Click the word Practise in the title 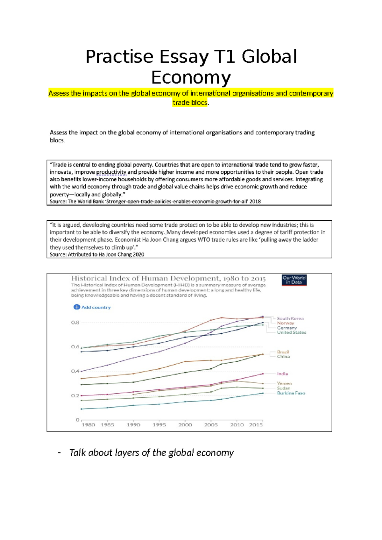tap(120, 57)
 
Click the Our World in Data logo tap(294, 280)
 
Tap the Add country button tap(92, 307)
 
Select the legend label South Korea tap(290, 318)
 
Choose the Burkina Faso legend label tap(291, 393)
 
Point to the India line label tap(282, 374)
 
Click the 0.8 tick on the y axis tap(75, 323)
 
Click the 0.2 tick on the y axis tap(75, 395)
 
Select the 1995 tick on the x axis tap(159, 425)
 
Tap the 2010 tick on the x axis tap(237, 425)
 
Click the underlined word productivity tap(111, 172)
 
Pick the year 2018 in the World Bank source tap(255, 202)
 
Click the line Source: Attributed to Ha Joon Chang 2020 tap(97, 254)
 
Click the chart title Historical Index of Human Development tap(168, 278)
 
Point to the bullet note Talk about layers tap(151, 453)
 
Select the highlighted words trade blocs tap(190, 103)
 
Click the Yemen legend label tap(284, 383)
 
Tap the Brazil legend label tap(283, 352)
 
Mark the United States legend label tap(291, 332)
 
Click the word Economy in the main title tap(191, 78)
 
